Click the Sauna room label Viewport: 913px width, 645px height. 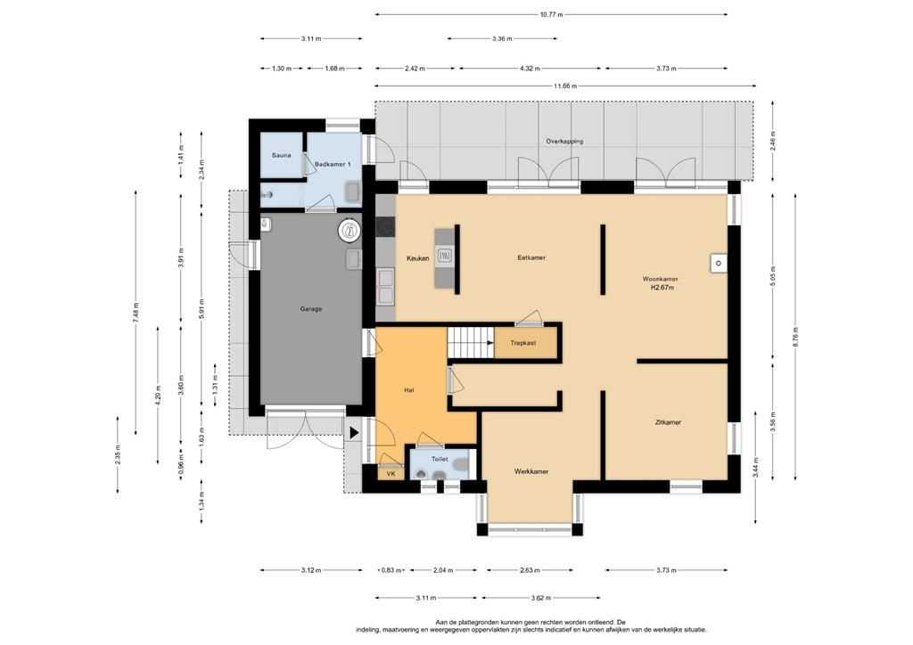[x=282, y=155]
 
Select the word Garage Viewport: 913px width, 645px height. [x=310, y=309]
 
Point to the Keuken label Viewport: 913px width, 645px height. [x=418, y=258]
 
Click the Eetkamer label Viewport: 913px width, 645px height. [x=531, y=257]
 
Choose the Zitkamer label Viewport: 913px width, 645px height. [x=668, y=422]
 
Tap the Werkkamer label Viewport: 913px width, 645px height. [x=531, y=470]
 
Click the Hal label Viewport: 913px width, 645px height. [x=409, y=389]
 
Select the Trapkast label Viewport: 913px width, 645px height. [x=522, y=342]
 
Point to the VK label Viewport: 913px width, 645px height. [x=391, y=474]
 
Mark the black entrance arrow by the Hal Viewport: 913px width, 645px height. [x=355, y=433]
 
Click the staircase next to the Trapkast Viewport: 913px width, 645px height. [x=470, y=342]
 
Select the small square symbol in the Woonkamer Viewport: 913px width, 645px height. [x=717, y=263]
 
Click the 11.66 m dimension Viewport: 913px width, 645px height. [x=563, y=86]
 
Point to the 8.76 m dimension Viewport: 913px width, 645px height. [x=795, y=339]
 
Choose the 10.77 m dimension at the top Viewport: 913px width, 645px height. [x=551, y=14]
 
